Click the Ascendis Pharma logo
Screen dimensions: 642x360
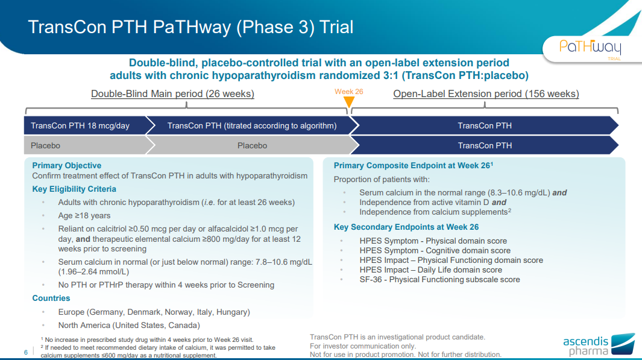tap(599, 344)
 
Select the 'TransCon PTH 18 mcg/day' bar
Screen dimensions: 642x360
tap(85, 126)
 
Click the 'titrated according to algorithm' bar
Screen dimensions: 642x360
tap(252, 126)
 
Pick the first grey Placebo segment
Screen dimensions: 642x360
tap(85, 145)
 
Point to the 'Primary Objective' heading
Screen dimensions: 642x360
tap(67, 165)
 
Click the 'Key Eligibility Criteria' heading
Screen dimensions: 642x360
tap(74, 189)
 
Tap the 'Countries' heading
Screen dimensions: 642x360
tap(51, 298)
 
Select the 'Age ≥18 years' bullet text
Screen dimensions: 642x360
tap(84, 216)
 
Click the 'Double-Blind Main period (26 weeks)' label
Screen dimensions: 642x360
tap(172, 94)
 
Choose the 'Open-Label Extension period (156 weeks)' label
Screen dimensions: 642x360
tap(486, 94)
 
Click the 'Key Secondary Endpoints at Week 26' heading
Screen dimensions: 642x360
tap(406, 227)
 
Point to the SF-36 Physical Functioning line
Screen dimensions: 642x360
tap(439, 280)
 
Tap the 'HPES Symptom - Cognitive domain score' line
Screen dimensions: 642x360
tap(435, 251)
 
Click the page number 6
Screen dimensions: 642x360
tap(26, 352)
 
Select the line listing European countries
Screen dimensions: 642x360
tap(154, 312)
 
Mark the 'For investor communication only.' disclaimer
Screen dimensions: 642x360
tap(363, 346)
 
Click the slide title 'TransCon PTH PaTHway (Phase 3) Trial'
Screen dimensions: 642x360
tap(190, 27)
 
